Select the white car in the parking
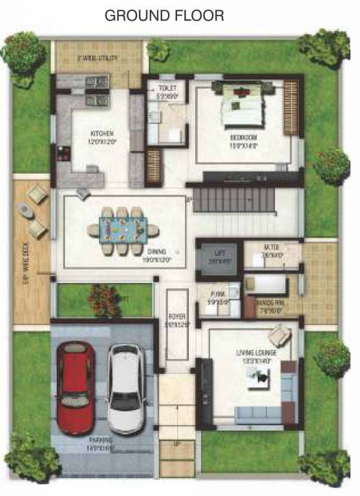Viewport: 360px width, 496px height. (127, 389)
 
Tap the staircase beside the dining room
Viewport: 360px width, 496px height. (233, 200)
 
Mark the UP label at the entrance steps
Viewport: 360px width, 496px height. (176, 445)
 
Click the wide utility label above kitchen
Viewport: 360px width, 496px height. (97, 58)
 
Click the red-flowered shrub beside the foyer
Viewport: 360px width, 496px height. (103, 299)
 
